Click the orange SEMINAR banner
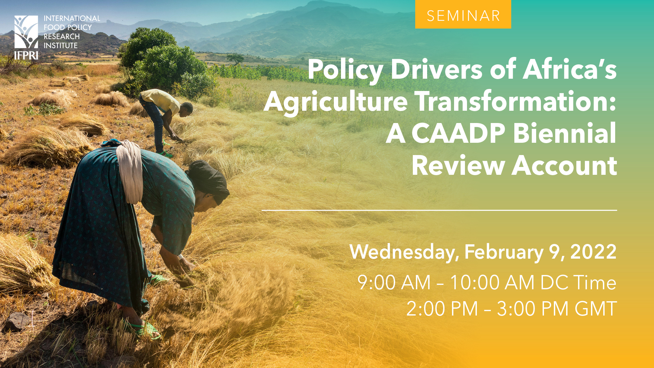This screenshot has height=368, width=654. pos(463,14)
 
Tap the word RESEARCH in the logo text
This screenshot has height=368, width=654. pos(62,36)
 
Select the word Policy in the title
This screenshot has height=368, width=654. pos(345,70)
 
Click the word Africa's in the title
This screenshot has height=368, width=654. pos(570,70)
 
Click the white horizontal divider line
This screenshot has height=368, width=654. pos(439,210)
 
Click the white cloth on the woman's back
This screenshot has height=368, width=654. pos(130,170)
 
